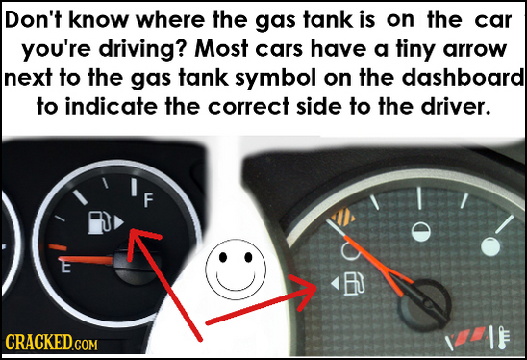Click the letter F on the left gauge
pos(147,200)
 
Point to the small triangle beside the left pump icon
pos(119,222)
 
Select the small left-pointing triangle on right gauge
pos(335,285)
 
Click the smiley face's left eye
pos(222,258)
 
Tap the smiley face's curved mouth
pos(236,282)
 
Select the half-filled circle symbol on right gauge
pos(420,233)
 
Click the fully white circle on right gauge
pos(490,246)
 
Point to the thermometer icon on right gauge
pos(502,339)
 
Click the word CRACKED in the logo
pos(37,342)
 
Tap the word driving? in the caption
pos(141,50)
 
